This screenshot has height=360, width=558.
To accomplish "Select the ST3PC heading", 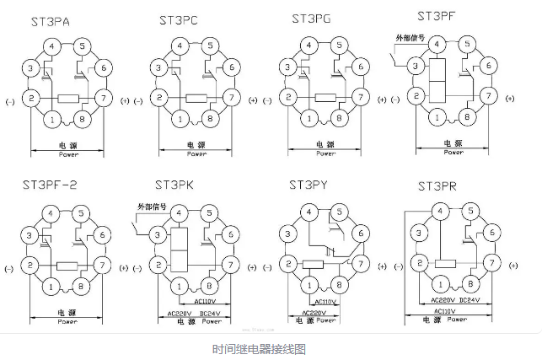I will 179,19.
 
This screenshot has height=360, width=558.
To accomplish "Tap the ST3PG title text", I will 312,18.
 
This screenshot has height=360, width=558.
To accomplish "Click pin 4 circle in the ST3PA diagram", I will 54,46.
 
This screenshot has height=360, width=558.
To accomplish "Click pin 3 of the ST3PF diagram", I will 415,65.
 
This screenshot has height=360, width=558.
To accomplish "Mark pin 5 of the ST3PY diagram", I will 338,212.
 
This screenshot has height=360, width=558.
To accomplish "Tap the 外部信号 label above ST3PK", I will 151,207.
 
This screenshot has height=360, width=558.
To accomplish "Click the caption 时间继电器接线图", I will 258,347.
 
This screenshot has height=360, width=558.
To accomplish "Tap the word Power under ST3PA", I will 69,155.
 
